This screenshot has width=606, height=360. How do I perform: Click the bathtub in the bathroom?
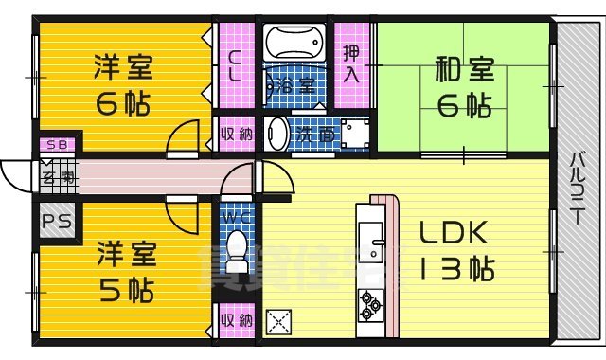[293, 45]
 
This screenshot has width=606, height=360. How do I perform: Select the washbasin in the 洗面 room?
[277, 134]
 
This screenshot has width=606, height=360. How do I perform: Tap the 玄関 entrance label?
[51, 176]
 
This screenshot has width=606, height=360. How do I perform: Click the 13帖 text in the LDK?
[455, 271]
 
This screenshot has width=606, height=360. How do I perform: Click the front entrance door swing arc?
[14, 176]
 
